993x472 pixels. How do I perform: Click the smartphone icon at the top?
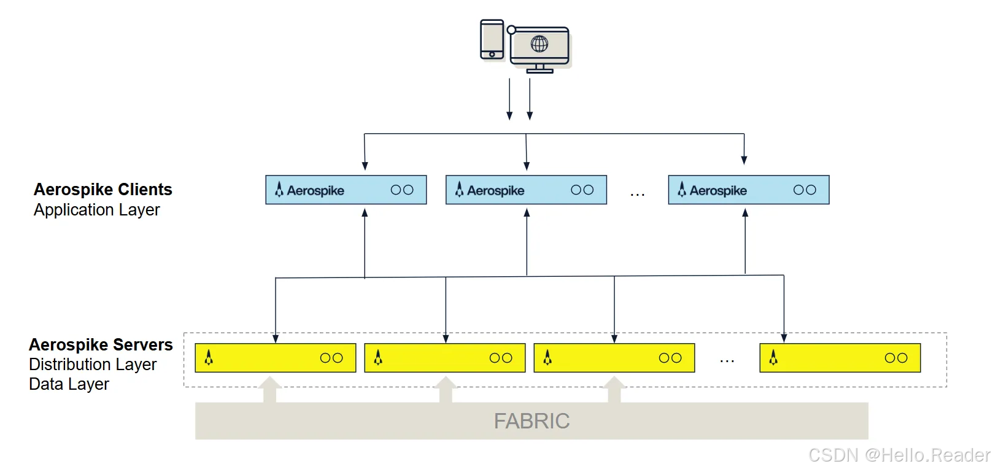click(x=492, y=39)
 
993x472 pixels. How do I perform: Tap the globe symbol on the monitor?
click(x=539, y=44)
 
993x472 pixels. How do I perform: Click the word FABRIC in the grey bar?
click(x=531, y=421)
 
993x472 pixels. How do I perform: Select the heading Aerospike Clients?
click(x=102, y=189)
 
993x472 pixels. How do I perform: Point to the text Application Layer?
click(x=96, y=210)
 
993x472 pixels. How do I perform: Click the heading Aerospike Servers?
click(x=101, y=344)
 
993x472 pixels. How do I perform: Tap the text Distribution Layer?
click(x=93, y=365)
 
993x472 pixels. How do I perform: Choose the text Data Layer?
click(x=69, y=384)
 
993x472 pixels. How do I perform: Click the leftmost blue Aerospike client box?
click(x=346, y=190)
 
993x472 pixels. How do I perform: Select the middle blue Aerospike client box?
click(x=526, y=190)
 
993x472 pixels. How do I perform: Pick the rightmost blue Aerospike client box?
click(x=748, y=190)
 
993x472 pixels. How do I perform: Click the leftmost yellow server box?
click(x=275, y=358)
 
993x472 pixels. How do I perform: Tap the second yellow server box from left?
click(x=444, y=358)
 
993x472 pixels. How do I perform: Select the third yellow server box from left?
click(x=614, y=358)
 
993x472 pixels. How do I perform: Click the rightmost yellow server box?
click(x=840, y=358)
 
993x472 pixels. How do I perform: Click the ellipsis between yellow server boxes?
click(x=727, y=362)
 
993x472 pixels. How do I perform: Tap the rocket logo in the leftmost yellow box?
click(x=209, y=357)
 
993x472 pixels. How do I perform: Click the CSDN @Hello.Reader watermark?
click(x=898, y=455)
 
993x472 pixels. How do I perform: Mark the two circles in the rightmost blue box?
click(x=804, y=190)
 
